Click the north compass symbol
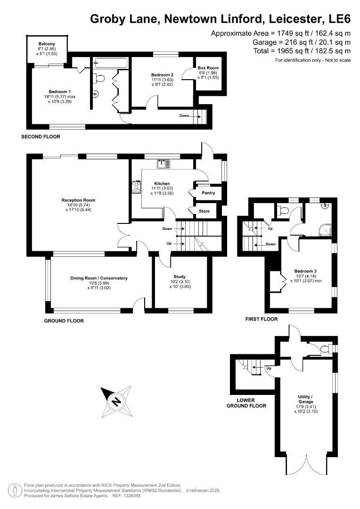click(x=115, y=401)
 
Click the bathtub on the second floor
click(x=111, y=62)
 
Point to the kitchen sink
click(x=164, y=164)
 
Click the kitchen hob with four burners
click(x=137, y=188)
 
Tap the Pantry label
click(x=208, y=193)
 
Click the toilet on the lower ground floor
click(x=325, y=349)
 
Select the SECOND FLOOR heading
click(x=41, y=137)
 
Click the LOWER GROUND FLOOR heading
click(x=246, y=403)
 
